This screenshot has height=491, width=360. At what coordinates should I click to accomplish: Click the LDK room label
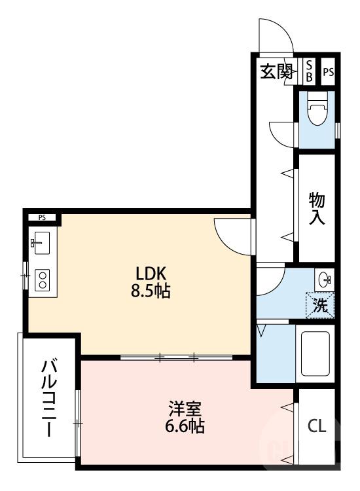click(x=153, y=273)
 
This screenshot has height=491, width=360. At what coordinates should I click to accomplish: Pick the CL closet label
click(x=317, y=426)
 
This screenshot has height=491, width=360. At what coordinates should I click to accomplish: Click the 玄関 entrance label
click(x=277, y=71)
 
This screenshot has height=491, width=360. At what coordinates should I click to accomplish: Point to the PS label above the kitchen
click(x=42, y=217)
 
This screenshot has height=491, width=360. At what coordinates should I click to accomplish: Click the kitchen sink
click(x=40, y=244)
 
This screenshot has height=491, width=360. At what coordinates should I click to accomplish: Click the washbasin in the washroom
click(x=323, y=280)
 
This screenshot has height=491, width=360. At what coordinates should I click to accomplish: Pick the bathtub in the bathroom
click(x=316, y=354)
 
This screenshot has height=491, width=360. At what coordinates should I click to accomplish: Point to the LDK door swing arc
click(x=232, y=234)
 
